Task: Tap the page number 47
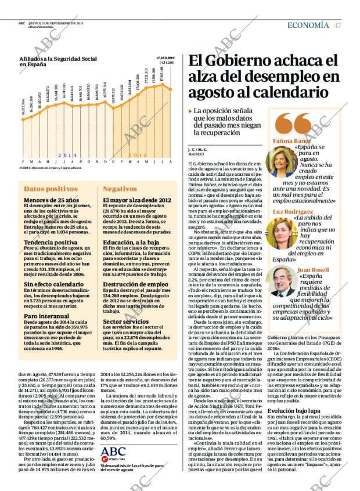337,25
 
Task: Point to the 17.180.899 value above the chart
165,59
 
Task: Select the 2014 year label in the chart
67,156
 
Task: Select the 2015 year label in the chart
136,156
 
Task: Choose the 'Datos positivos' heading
51,189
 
